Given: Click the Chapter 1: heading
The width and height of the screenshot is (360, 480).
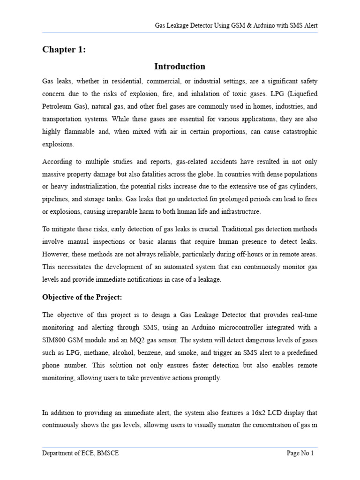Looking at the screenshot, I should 64,50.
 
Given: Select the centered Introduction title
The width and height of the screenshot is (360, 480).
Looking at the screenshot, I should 180,66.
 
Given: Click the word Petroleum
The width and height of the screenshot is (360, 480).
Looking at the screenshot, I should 57,106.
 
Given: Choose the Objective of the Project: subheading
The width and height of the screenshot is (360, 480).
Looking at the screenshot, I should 82,297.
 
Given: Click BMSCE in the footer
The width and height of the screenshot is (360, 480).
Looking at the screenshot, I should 106,453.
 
